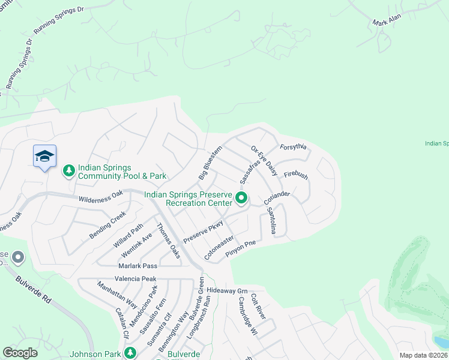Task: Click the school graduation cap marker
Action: pos(44,157)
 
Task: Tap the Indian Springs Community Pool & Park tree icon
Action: pos(69,171)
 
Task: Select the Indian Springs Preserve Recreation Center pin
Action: pos(241,197)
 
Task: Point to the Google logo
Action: pos(20,353)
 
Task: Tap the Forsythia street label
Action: pos(294,147)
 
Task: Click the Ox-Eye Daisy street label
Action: pos(264,160)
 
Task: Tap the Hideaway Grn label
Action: pos(227,290)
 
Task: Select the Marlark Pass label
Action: pos(137,266)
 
